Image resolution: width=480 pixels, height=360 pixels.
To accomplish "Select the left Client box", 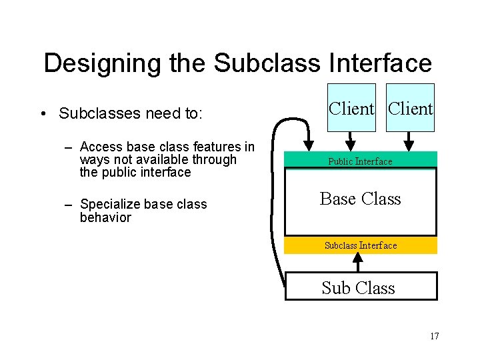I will pos(351,107).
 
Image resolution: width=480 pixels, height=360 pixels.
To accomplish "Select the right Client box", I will pos(411,107).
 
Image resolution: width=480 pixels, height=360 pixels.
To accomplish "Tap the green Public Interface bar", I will pos(361,160).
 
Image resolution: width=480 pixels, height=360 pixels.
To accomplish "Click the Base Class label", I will pos(361,199).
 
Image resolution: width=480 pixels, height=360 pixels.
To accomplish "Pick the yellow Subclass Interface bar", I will pos(361,245).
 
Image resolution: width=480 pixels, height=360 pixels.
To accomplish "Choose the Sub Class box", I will pos(361,287).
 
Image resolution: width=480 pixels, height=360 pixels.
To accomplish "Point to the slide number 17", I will pos(434,336).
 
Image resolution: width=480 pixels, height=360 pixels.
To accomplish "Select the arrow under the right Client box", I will pos(409,140).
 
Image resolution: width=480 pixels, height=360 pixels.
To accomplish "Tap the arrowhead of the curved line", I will pos(309,143).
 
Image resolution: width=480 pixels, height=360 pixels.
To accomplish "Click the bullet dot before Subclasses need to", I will pos(42,114).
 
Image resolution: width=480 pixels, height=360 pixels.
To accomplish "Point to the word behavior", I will pos(105,217).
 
